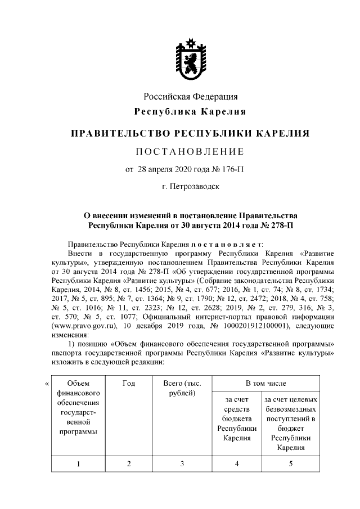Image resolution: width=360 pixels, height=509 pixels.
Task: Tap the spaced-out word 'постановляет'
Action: (226, 245)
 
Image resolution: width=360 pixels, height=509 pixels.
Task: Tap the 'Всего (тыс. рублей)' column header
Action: (182, 388)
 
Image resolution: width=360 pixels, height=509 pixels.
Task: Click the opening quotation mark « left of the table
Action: (46, 384)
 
